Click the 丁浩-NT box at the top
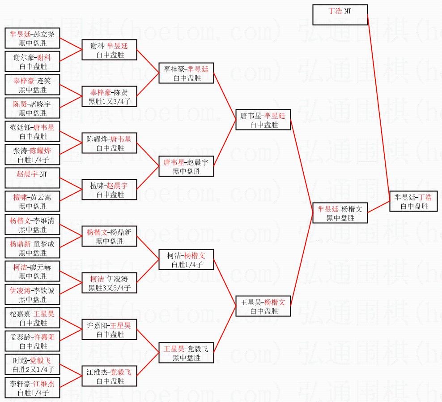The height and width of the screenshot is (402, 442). pyautogui.click(x=340, y=15)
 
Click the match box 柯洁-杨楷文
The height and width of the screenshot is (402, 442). pyautogui.click(x=186, y=259)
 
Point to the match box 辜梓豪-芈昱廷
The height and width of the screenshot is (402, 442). pyautogui.click(x=186, y=73)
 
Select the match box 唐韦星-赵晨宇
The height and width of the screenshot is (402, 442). pyautogui.click(x=186, y=166)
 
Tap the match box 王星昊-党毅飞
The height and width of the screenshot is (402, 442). pyautogui.click(x=186, y=353)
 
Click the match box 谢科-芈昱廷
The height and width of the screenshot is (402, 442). pyautogui.click(x=109, y=50)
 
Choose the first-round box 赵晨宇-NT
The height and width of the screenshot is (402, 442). pyautogui.click(x=32, y=178)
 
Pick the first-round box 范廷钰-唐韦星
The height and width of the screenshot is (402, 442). pyautogui.click(x=32, y=131)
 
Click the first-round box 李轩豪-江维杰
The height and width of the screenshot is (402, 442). pyautogui.click(x=32, y=388)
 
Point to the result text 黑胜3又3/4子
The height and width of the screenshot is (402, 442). pyautogui.click(x=109, y=288)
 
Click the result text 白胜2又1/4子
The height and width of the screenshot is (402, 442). pyautogui.click(x=32, y=369)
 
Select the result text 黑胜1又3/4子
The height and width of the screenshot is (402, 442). pyautogui.click(x=109, y=101)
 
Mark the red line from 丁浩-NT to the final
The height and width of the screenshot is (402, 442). pyautogui.click(x=378, y=108)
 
